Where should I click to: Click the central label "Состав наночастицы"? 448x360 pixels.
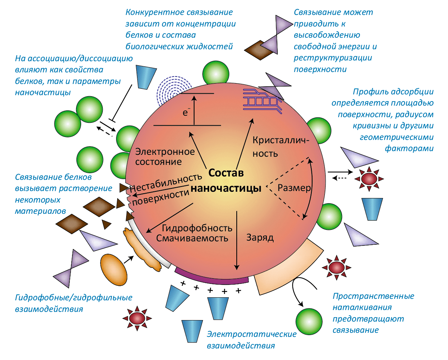(226, 181)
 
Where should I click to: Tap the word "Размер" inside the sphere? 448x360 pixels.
(294, 188)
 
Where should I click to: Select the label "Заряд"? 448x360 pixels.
(260, 238)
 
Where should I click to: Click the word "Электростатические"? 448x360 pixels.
(252, 334)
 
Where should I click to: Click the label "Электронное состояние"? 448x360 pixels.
(165, 157)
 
